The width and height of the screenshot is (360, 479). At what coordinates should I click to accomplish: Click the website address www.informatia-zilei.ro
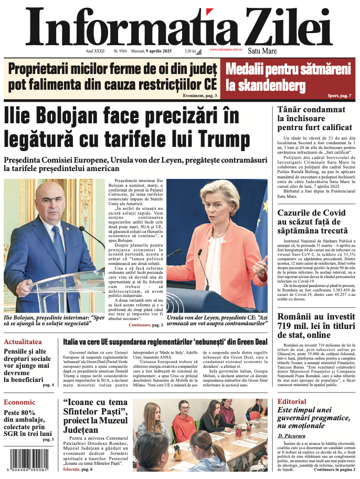pos(226,49)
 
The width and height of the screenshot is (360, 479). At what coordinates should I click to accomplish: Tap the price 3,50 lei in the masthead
pos(190,51)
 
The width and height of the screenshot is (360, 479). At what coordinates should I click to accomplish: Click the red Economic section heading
pos(19,402)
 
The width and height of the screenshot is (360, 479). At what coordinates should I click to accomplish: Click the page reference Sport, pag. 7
pos(339,95)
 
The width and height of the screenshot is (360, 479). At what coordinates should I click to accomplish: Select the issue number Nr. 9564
pos(120,51)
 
